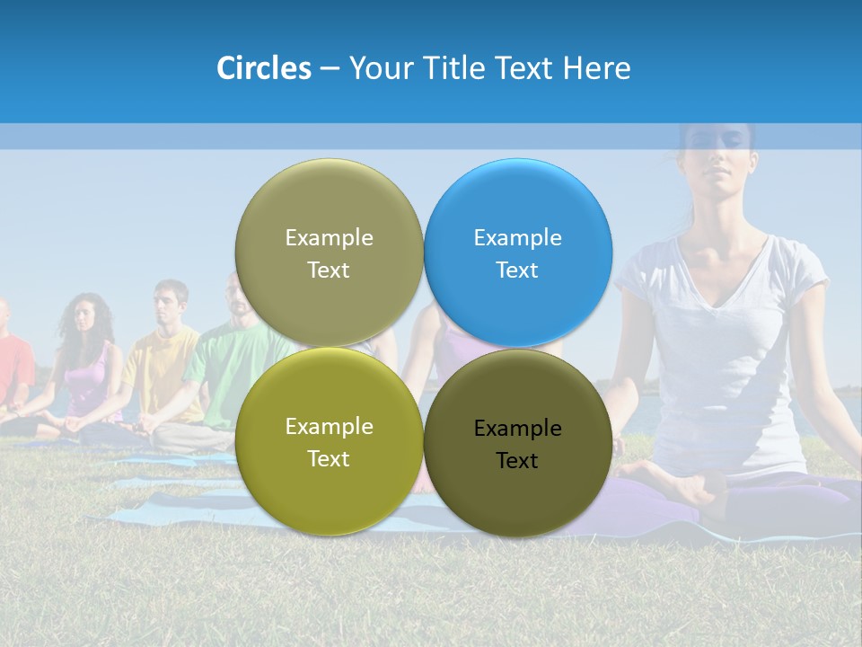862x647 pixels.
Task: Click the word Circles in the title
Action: [x=264, y=68]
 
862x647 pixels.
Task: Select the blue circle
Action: [x=518, y=253]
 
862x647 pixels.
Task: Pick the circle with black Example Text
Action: [x=518, y=443]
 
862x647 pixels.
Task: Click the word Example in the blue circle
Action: [x=518, y=237]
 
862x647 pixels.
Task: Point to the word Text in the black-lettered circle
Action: [x=518, y=461]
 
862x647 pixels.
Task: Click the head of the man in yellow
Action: [x=170, y=302]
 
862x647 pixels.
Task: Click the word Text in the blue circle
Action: [x=518, y=270]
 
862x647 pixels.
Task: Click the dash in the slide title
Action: [x=330, y=68]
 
